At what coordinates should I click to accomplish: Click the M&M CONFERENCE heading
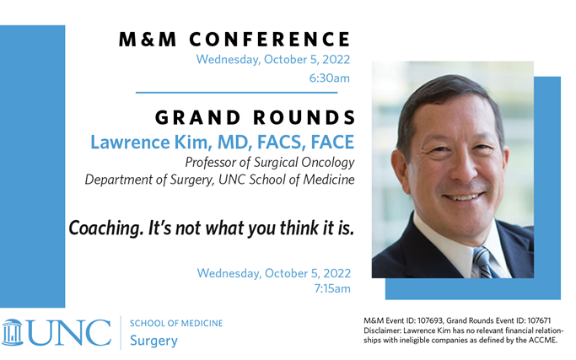click(x=234, y=39)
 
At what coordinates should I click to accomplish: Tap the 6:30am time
click(x=330, y=78)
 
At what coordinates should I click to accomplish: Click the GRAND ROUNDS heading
click(x=250, y=116)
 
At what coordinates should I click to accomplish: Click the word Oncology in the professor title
click(x=320, y=161)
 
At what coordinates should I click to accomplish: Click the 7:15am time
click(x=331, y=289)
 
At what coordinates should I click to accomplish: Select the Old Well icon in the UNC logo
click(x=13, y=331)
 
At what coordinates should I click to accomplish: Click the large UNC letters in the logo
click(x=69, y=331)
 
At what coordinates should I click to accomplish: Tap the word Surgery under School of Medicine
click(x=153, y=341)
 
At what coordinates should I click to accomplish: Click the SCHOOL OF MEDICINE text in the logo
click(x=176, y=323)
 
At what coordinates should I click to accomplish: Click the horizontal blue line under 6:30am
click(x=236, y=92)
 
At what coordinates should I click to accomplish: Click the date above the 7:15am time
click(x=273, y=273)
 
